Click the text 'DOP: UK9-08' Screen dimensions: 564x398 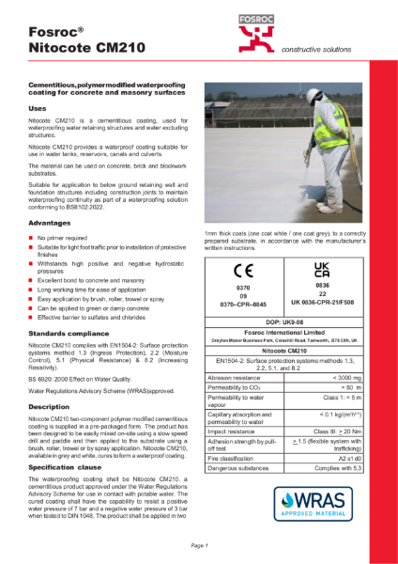283,321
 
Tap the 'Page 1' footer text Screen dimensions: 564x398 198,544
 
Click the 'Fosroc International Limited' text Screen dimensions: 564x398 283,332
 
